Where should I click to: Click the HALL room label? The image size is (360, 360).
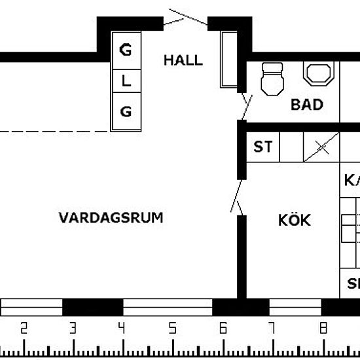pyautogui.click(x=183, y=61)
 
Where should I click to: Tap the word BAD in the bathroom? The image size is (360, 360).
pyautogui.click(x=307, y=104)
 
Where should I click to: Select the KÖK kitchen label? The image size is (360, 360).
pyautogui.click(x=293, y=220)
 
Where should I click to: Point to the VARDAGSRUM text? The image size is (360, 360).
pyautogui.click(x=111, y=217)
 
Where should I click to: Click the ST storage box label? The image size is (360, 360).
pyautogui.click(x=262, y=147)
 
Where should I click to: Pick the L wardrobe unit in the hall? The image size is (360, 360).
pyautogui.click(x=126, y=81)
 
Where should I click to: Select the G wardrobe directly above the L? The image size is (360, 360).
pyautogui.click(x=126, y=50)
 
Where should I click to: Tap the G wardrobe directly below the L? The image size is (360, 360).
pyautogui.click(x=126, y=112)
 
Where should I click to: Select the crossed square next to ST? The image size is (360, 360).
pyautogui.click(x=321, y=147)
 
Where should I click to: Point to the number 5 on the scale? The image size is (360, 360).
pyautogui.click(x=171, y=329)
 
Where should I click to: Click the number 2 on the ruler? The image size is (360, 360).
pyautogui.click(x=24, y=329)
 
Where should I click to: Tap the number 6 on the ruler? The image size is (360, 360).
pyautogui.click(x=222, y=329)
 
